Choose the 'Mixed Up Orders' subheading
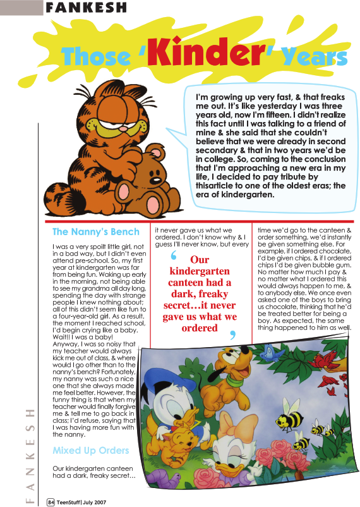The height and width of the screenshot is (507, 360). pos(91,451)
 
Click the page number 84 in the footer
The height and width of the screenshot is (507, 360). pos(51,502)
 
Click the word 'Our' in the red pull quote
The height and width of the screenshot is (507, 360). pos(200,260)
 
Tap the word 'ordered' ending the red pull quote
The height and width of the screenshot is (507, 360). pos(200,327)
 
